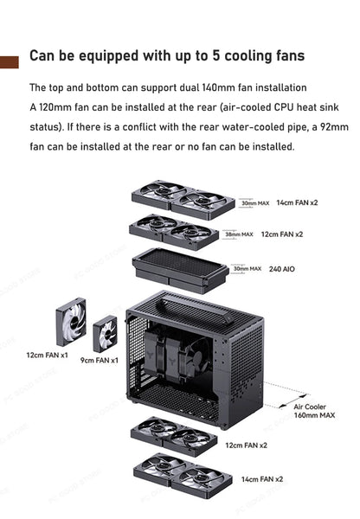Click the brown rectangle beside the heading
[x=9, y=61]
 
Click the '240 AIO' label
[x=282, y=269]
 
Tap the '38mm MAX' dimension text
[x=238, y=234]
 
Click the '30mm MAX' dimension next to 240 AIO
[x=246, y=269]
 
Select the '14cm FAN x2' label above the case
[x=297, y=202]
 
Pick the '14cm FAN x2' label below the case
[x=260, y=478]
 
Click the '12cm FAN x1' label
[x=47, y=355]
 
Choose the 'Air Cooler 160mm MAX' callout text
[x=313, y=410]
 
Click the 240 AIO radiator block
[x=180, y=268]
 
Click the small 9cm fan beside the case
[x=105, y=333]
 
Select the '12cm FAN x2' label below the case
[x=246, y=445]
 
